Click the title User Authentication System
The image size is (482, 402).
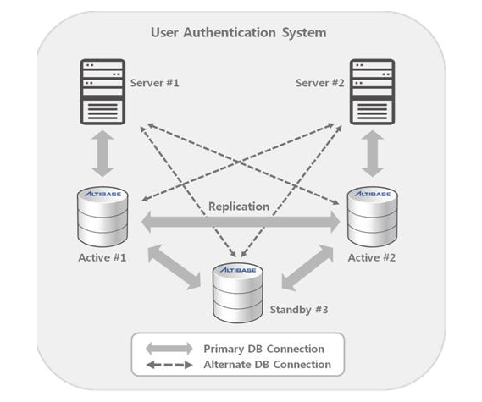(239, 32)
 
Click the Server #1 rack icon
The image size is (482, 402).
(102, 91)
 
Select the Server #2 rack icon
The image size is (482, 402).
(372, 91)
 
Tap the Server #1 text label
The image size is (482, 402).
(154, 83)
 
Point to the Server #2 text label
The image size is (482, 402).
(319, 83)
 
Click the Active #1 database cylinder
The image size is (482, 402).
(102, 217)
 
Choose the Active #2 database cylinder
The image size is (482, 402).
(372, 217)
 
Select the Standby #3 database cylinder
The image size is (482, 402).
(238, 293)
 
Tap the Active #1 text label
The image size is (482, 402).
(102, 257)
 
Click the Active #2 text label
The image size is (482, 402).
(372, 257)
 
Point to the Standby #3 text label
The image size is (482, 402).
(299, 309)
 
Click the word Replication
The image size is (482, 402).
(239, 207)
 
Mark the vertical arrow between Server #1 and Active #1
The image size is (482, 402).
(102, 153)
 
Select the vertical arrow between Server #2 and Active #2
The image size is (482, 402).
(372, 153)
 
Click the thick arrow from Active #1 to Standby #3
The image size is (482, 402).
(174, 267)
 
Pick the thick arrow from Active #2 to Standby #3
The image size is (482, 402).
(307, 267)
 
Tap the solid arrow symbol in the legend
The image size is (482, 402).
(169, 349)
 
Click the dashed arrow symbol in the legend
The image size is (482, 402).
(169, 365)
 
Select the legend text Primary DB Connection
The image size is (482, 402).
(263, 349)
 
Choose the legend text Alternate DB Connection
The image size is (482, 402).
(267, 365)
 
